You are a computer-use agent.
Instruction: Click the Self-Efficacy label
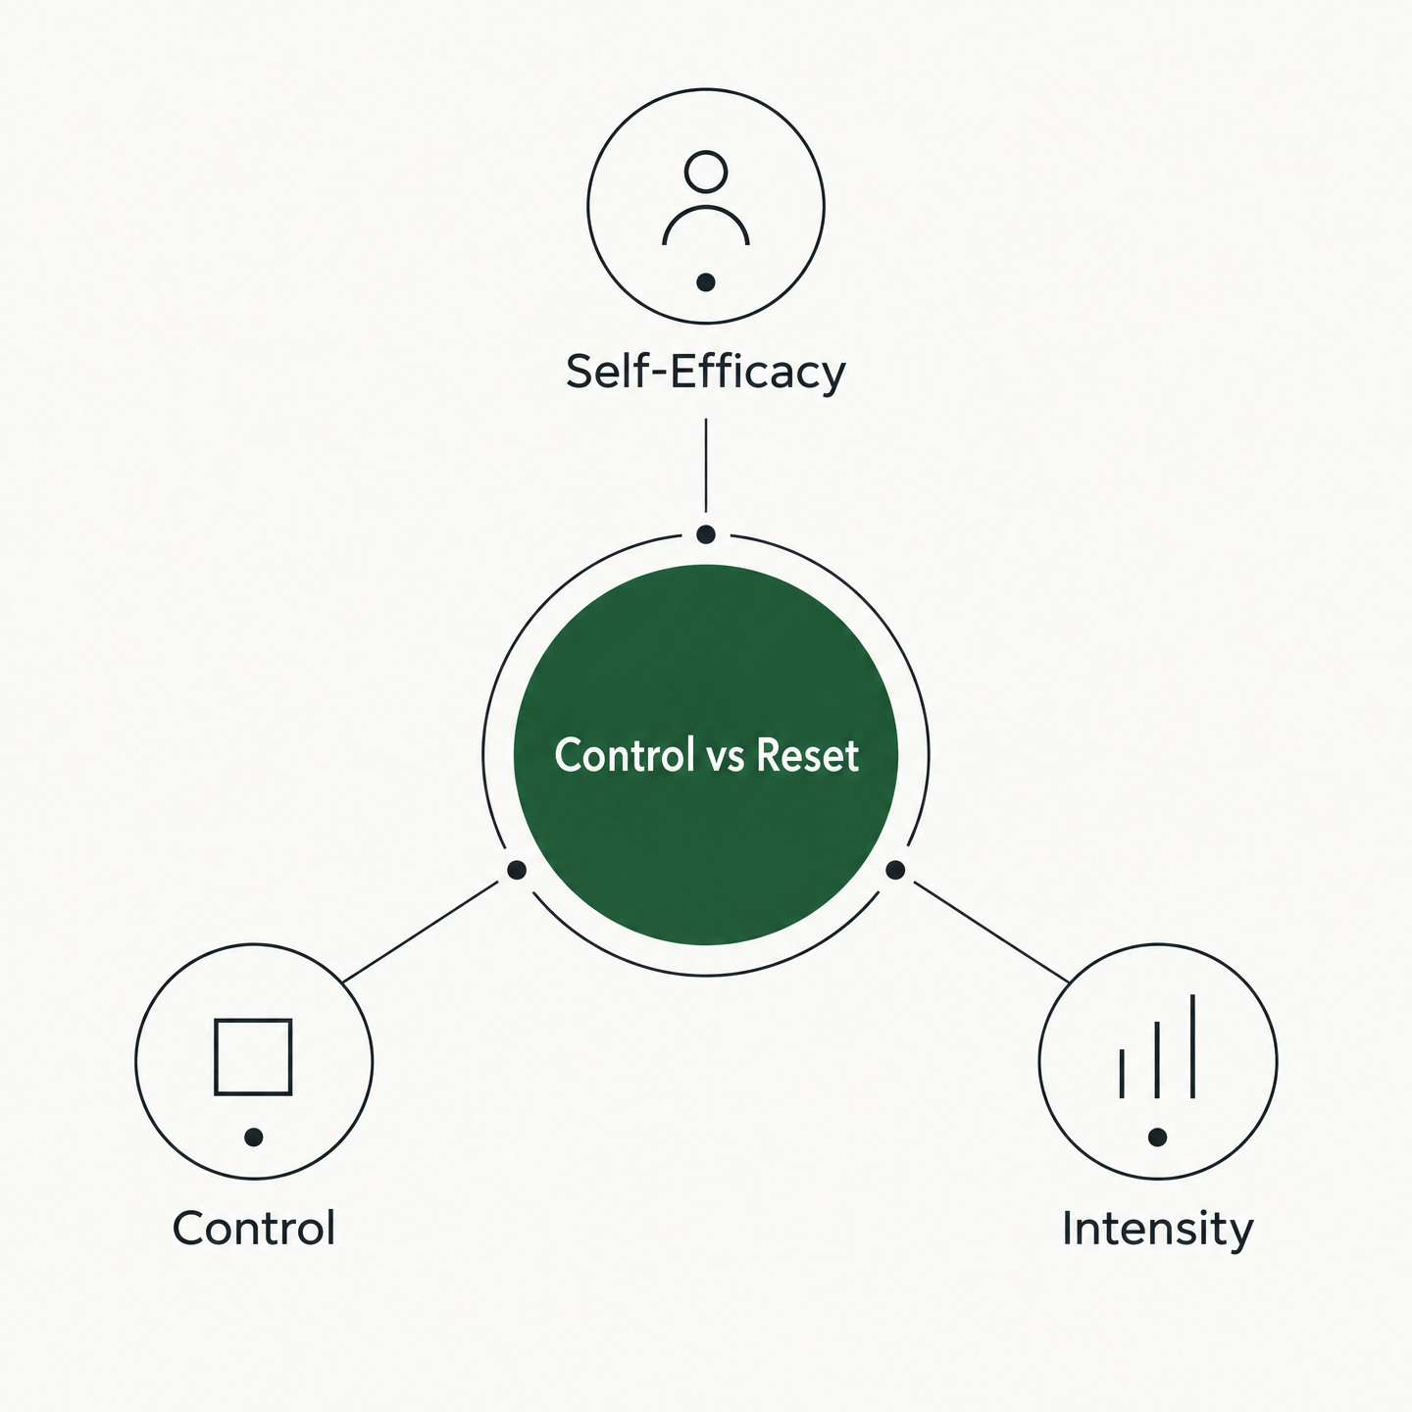tap(706, 373)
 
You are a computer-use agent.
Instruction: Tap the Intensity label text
tap(1158, 1229)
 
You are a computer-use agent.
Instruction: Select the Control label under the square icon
tap(254, 1228)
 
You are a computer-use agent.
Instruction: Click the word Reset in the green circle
tap(807, 755)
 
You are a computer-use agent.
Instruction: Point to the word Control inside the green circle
tap(625, 755)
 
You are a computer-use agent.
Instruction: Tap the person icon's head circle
tap(706, 173)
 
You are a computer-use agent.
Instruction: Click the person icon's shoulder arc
tap(706, 225)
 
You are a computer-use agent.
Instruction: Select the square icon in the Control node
tap(253, 1057)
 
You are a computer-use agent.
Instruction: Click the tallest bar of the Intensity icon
tap(1193, 1046)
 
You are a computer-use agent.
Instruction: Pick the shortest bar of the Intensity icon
tap(1122, 1074)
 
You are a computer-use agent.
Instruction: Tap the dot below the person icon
tap(706, 282)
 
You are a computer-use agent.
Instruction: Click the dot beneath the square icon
tap(254, 1137)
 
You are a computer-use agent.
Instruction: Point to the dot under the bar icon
tap(1158, 1137)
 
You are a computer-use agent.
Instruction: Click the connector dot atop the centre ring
tap(706, 534)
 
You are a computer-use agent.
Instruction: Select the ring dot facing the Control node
tap(517, 870)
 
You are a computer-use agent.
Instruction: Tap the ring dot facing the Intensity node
tap(895, 870)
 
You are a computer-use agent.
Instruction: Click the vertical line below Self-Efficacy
tap(706, 466)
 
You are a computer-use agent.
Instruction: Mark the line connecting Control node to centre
tap(421, 932)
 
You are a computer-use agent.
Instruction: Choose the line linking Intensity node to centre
tap(991, 932)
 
